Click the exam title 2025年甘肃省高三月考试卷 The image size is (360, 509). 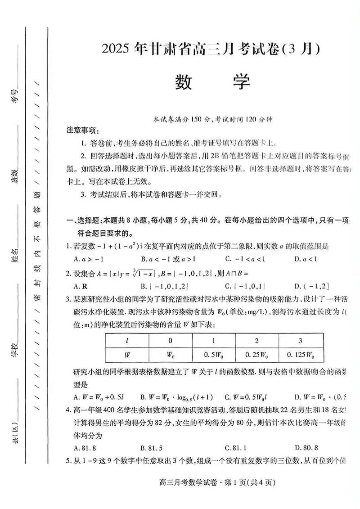[212, 49]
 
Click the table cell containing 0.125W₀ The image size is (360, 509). [301, 355]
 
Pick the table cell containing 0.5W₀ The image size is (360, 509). [214, 355]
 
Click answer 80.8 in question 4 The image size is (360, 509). [306, 447]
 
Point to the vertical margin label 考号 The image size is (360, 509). [16, 96]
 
